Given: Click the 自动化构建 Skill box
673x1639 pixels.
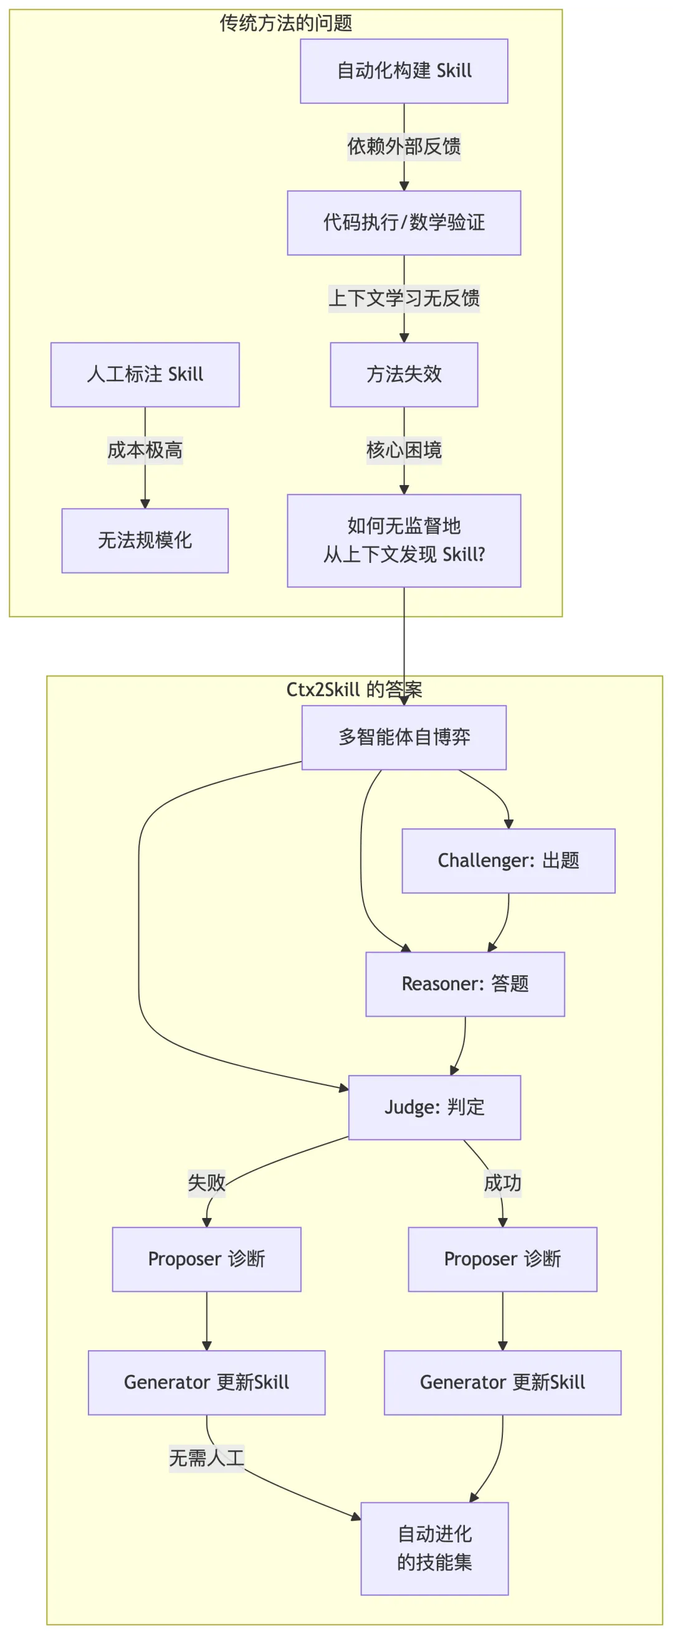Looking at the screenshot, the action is (404, 70).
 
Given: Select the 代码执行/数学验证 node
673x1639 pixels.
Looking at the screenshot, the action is (404, 223).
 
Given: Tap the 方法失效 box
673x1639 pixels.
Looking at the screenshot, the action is (404, 374).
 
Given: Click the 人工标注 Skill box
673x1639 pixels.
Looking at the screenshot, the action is (145, 374).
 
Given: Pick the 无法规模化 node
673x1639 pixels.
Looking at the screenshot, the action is (145, 540).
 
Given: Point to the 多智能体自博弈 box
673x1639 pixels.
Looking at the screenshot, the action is (404, 737).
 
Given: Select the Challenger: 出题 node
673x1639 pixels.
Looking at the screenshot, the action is (508, 860).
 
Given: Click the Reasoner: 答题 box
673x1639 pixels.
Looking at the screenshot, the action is (465, 984).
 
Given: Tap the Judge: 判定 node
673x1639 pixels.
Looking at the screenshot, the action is (434, 1107).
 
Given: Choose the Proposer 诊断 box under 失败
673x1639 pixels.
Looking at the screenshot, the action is (206, 1259).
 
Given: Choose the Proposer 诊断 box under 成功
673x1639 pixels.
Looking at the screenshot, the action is (502, 1259).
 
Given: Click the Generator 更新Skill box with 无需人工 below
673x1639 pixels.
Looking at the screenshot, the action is (206, 1382).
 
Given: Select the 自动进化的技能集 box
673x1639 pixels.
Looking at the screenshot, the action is (434, 1548).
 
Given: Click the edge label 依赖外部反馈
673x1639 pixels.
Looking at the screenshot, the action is (404, 146).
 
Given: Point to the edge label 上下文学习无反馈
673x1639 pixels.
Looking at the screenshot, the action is (404, 298).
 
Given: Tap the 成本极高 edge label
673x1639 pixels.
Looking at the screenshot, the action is (145, 450).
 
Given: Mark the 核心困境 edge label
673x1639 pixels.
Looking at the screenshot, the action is (404, 450).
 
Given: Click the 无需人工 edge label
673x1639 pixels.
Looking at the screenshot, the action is (206, 1458).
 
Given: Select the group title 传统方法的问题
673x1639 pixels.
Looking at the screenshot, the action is (286, 23).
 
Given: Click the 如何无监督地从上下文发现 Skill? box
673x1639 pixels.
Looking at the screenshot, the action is (404, 540).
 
